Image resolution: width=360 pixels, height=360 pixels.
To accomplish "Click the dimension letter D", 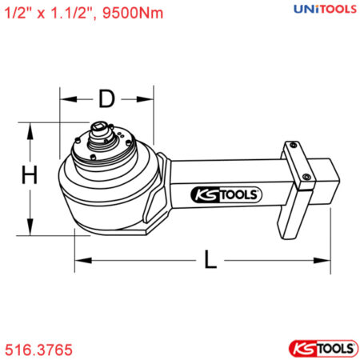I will point(106,100).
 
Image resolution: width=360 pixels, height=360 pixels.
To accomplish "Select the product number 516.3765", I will point(38,350).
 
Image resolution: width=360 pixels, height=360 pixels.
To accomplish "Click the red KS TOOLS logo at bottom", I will point(320,349).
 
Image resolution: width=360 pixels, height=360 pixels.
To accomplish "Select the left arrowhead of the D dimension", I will point(64,100).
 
